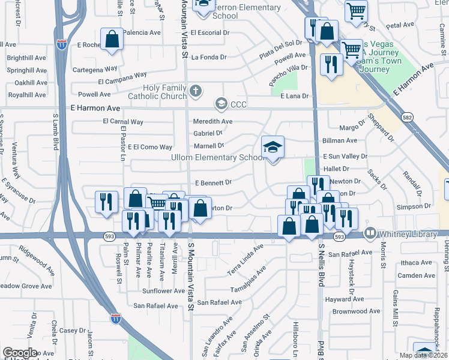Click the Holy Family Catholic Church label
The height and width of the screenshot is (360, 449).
[157, 92]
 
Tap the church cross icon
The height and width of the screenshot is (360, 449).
[195, 91]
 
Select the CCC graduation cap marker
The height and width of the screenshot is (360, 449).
[221, 104]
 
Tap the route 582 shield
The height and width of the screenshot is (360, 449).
[408, 118]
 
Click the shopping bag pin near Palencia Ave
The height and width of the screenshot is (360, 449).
[112, 40]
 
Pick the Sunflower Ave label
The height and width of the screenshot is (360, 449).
[164, 290]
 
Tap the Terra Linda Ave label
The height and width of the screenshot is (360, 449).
[245, 258]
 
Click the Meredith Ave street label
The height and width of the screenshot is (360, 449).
[213, 121]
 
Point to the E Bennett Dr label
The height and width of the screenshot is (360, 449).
[213, 182]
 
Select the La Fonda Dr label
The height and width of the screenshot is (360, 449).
[209, 58]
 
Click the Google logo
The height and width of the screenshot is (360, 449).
[20, 353]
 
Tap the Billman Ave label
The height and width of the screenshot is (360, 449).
[340, 140]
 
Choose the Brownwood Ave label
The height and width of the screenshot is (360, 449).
[354, 311]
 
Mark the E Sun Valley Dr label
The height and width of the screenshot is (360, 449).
[345, 156]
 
